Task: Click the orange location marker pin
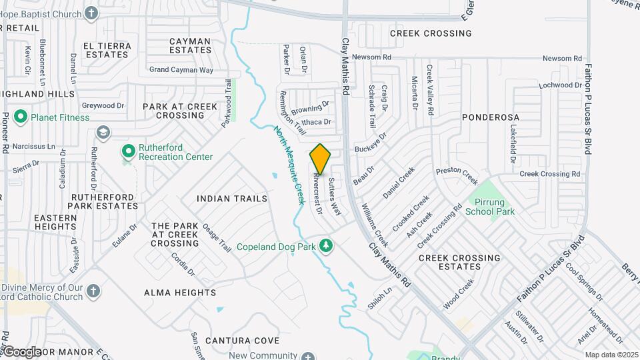point(320,159)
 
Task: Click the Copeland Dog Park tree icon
point(326,246)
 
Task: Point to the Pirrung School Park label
point(490,207)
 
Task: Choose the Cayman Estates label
point(190,45)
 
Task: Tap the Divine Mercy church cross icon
point(93,291)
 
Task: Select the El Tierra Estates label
point(107,50)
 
